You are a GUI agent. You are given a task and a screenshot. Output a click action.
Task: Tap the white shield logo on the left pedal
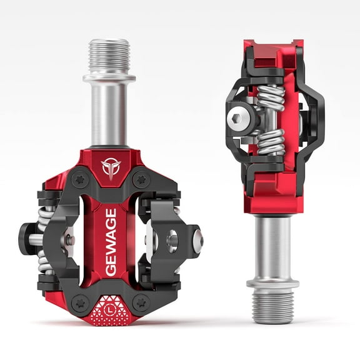(x=110, y=167)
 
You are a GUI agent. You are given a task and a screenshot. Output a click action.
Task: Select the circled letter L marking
(x=110, y=307)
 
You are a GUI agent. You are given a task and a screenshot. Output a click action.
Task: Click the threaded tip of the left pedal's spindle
(x=110, y=56)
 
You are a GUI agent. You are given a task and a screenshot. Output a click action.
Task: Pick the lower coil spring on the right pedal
(x=271, y=141)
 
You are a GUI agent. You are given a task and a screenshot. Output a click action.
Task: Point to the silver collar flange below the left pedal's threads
(x=110, y=78)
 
